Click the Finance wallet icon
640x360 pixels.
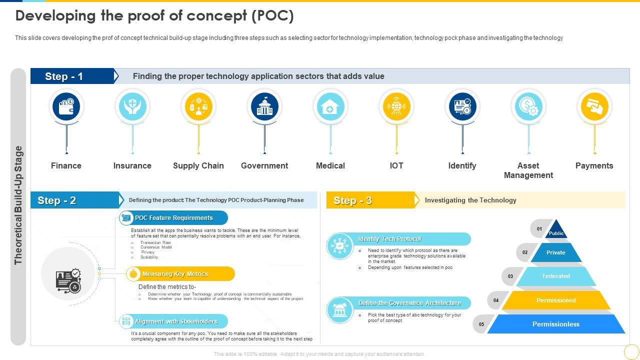(x=66, y=106)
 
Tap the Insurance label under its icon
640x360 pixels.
(x=132, y=165)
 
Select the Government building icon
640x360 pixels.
(x=264, y=106)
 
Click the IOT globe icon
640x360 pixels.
(x=396, y=106)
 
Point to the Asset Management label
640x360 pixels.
(x=528, y=170)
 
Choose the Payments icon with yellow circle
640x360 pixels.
(x=594, y=106)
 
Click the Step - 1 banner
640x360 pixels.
(x=72, y=76)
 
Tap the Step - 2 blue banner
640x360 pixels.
(x=75, y=200)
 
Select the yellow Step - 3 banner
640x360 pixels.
(x=370, y=200)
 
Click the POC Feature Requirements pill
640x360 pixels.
(x=173, y=218)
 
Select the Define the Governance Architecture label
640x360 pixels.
(x=409, y=303)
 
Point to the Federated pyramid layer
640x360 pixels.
(x=556, y=276)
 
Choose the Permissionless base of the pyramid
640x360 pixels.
(x=556, y=324)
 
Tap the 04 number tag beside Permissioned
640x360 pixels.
(x=496, y=300)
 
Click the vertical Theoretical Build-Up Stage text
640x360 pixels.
(x=18, y=205)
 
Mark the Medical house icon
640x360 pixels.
(x=330, y=106)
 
